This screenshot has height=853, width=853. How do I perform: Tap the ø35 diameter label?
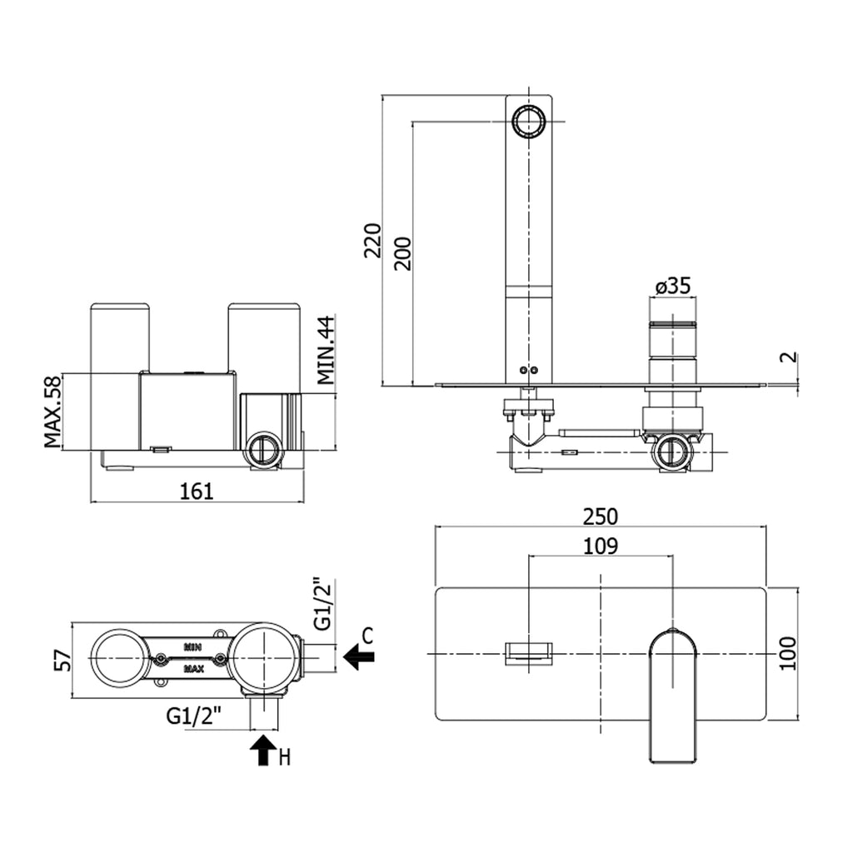click(x=672, y=286)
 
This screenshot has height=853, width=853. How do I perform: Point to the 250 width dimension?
click(x=600, y=516)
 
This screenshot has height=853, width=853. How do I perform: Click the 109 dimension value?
click(x=600, y=546)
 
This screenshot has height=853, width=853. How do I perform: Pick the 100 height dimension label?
click(x=789, y=653)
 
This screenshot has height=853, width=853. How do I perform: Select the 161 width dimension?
click(x=197, y=491)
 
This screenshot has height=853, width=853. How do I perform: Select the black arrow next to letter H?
click(x=263, y=750)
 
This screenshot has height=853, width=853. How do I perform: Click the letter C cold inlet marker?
click(x=367, y=636)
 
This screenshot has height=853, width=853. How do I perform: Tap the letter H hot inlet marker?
click(x=285, y=757)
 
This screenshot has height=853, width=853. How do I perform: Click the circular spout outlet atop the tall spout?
click(x=528, y=122)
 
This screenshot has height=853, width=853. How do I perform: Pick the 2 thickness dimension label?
click(x=789, y=359)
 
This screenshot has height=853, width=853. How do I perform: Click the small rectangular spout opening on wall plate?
click(x=528, y=651)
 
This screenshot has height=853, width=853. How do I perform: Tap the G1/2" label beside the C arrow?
click(x=323, y=604)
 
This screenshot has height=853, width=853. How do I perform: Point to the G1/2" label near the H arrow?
click(x=193, y=715)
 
